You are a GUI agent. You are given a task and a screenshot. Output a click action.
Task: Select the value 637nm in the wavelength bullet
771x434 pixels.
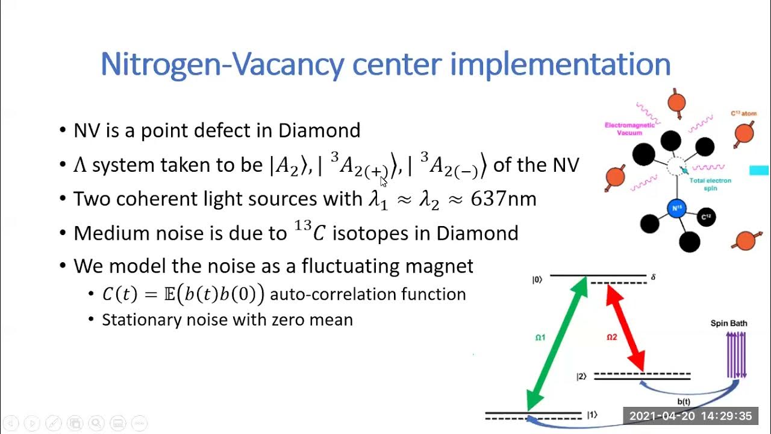(503, 199)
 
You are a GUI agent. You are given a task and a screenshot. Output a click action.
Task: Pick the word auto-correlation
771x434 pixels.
(326, 294)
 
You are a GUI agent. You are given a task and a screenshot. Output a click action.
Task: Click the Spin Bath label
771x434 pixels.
(729, 323)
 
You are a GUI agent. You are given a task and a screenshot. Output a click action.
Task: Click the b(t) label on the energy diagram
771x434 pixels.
(684, 401)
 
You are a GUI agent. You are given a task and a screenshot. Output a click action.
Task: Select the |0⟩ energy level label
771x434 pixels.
(537, 279)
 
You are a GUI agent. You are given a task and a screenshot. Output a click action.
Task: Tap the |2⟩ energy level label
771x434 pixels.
(581, 377)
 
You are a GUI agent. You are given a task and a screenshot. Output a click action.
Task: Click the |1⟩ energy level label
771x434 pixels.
(592, 415)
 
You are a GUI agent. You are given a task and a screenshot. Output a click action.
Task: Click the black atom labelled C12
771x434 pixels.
(707, 217)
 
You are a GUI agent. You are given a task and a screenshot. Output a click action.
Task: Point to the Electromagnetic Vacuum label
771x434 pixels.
(629, 129)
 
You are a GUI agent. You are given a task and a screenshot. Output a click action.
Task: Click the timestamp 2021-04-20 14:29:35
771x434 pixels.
(690, 416)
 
